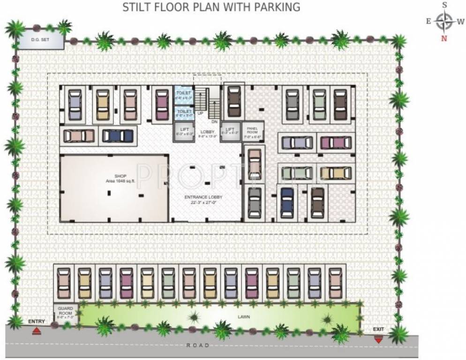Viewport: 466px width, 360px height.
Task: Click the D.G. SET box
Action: click(x=40, y=41)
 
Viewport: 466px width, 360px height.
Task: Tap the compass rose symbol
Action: click(x=443, y=21)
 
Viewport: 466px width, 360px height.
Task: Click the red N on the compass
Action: click(x=443, y=38)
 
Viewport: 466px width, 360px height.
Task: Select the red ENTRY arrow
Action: click(x=36, y=331)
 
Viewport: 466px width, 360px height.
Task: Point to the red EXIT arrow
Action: click(x=378, y=339)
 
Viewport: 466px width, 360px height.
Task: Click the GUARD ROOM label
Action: click(x=65, y=312)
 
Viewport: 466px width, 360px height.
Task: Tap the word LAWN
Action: click(x=243, y=317)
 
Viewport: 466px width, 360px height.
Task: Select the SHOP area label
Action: click(x=114, y=179)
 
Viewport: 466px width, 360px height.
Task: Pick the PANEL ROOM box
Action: click(x=253, y=131)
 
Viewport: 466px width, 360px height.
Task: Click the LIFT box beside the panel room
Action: click(x=230, y=131)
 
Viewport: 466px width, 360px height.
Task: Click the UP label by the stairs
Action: click(x=200, y=113)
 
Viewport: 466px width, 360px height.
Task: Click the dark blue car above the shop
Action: click(x=118, y=135)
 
